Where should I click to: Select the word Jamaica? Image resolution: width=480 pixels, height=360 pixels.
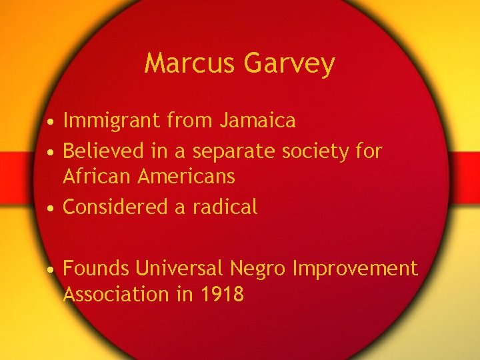[x=257, y=121]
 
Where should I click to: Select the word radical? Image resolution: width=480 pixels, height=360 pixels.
[x=225, y=207]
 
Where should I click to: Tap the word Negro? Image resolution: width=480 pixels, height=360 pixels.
[x=259, y=269]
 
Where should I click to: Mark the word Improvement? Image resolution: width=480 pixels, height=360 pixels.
[x=355, y=269]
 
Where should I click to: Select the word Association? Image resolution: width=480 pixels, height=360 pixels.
[x=116, y=294]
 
